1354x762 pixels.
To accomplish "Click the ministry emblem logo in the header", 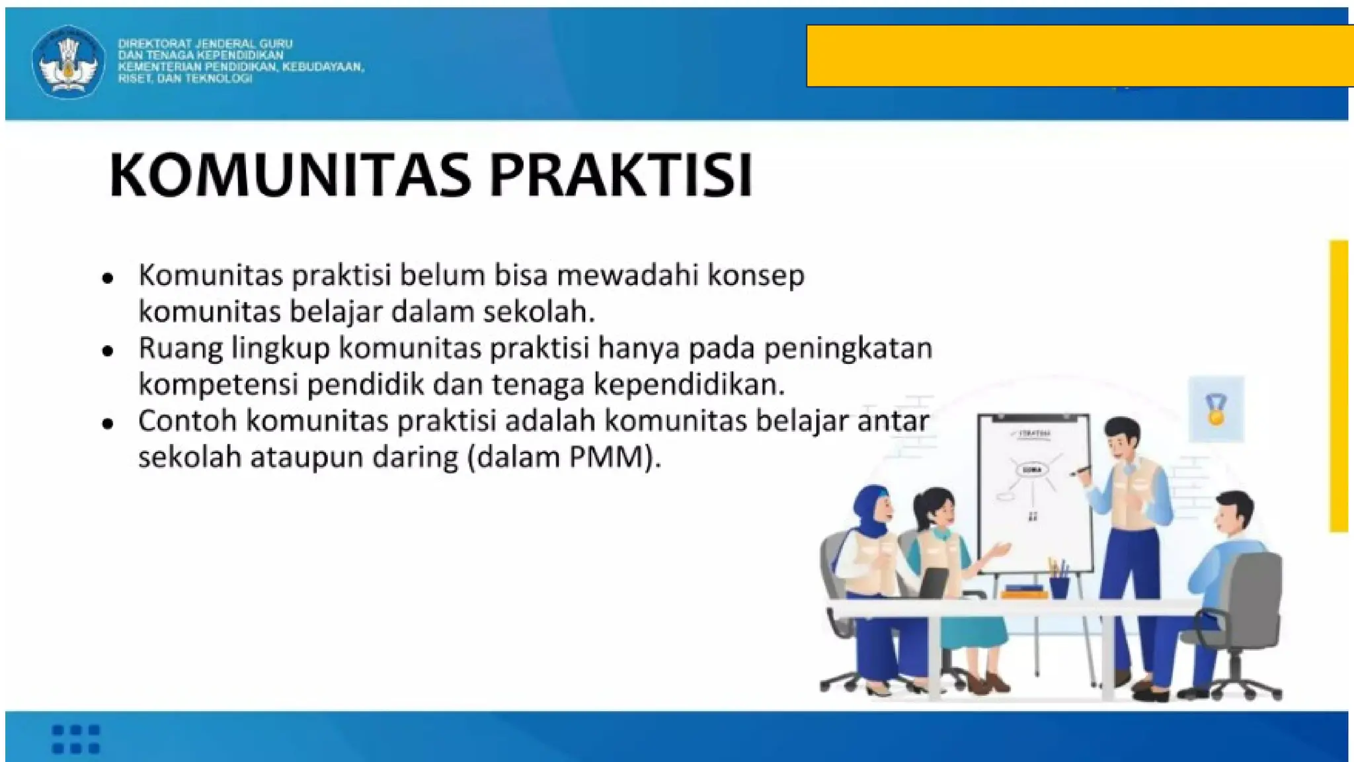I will point(68,62).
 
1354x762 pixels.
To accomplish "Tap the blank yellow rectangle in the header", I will point(1078,56).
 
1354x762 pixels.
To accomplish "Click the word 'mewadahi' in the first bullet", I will point(627,275).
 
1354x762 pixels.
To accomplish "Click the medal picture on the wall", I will point(1215,409).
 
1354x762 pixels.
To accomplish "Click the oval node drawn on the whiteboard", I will point(1032,470).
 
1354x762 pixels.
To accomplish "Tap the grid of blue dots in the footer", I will point(75,739).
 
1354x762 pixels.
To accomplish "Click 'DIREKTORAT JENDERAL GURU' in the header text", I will point(205,44).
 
